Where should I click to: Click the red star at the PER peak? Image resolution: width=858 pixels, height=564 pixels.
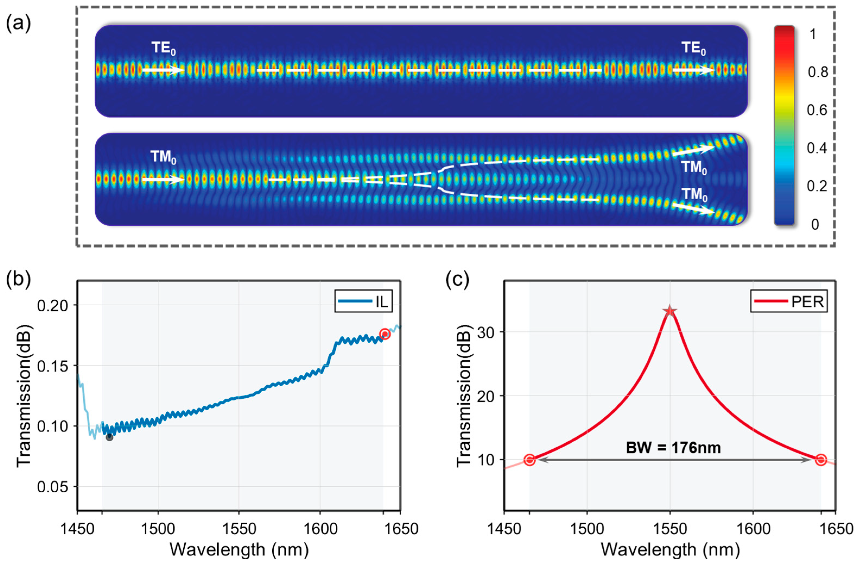[670, 311]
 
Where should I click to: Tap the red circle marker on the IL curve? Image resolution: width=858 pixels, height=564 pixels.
[385, 334]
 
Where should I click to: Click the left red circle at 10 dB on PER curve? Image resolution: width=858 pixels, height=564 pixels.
[529, 460]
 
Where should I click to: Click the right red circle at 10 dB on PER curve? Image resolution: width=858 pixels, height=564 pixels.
[821, 460]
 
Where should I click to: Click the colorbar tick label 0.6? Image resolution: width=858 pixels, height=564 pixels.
[817, 110]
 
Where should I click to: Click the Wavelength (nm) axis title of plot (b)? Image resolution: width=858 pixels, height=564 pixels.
[239, 550]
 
